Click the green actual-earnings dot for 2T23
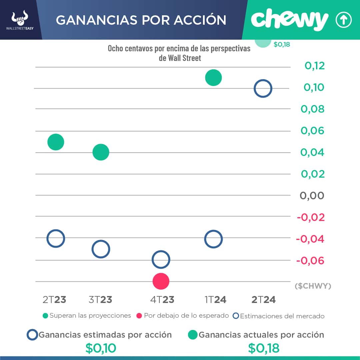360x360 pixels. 56,142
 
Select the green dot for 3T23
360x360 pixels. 101,152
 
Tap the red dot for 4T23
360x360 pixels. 161,281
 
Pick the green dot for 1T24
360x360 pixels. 213,78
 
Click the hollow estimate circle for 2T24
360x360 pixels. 263,89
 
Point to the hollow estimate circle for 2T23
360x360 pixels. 56,238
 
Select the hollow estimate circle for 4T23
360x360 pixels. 161,260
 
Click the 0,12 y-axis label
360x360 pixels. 314,66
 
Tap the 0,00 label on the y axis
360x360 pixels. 312,195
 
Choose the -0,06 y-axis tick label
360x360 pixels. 310,260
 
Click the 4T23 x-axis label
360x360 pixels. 162,300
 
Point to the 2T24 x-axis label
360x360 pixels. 263,300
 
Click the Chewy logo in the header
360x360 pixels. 289,20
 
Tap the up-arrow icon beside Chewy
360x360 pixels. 343,20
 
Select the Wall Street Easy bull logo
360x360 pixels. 20,19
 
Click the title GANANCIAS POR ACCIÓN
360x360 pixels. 141,20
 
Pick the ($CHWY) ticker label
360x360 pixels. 313,286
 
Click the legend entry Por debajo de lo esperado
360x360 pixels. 183,315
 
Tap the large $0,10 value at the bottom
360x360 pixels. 101,348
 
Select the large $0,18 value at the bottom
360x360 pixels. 264,348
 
